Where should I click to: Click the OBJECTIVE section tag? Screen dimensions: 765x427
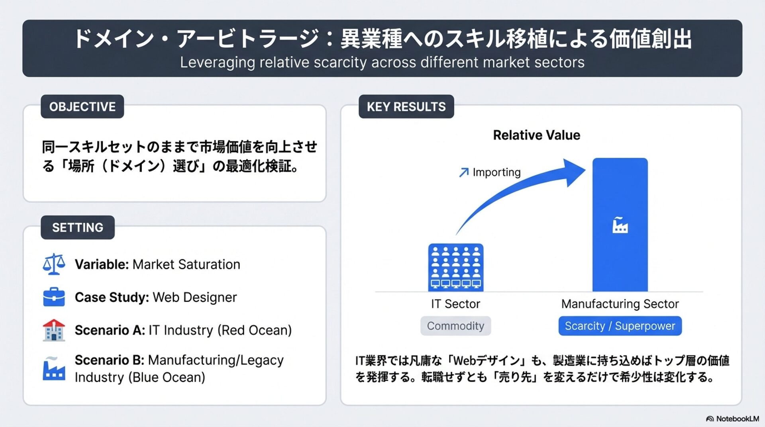(82, 107)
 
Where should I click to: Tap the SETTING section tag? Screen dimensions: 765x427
(78, 227)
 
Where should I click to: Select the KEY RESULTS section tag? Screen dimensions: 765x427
(406, 107)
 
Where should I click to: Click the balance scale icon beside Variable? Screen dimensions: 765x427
(54, 264)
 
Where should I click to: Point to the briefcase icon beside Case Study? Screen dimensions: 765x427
(54, 297)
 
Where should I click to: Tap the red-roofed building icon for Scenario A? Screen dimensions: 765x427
(54, 330)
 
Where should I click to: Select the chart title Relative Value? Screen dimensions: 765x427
(536, 135)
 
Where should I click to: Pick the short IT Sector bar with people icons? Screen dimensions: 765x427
(456, 267)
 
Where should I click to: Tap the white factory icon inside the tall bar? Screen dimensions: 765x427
(620, 225)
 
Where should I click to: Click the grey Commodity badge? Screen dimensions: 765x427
(455, 326)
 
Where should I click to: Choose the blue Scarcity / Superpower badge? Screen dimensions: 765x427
(620, 326)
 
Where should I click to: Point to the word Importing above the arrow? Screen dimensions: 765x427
(496, 172)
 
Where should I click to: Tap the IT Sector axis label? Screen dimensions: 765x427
(455, 304)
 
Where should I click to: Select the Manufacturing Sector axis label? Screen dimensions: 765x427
(620, 304)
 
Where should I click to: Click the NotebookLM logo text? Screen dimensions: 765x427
(737, 419)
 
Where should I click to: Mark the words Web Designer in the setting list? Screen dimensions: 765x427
(195, 297)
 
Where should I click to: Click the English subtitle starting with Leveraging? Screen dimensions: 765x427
(382, 62)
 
